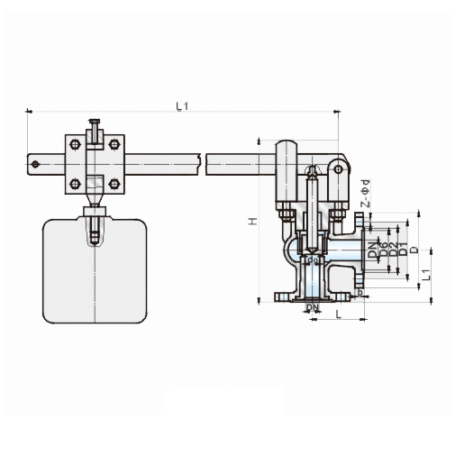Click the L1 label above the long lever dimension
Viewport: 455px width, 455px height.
tap(182, 107)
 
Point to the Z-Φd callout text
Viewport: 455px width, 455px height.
tap(364, 197)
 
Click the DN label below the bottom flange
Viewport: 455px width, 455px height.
tap(312, 309)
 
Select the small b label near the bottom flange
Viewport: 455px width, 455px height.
tap(360, 292)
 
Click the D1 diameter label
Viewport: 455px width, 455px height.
tap(394, 250)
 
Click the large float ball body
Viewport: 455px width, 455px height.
tap(94, 270)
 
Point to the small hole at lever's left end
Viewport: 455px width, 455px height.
tap(36, 164)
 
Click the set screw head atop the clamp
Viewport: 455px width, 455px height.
tap(94, 121)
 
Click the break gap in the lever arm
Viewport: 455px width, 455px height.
tap(202, 163)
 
